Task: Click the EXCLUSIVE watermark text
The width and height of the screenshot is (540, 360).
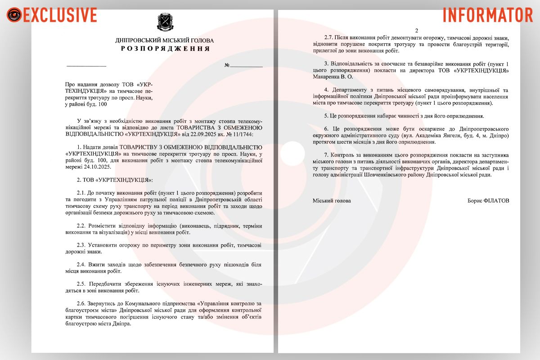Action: (x=59, y=15)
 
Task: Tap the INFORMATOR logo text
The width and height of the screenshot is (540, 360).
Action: (x=487, y=15)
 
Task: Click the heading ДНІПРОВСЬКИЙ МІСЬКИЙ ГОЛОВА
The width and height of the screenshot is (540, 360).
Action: (x=165, y=40)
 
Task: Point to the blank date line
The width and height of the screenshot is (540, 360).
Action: (x=86, y=66)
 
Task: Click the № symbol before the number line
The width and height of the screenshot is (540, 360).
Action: (x=227, y=66)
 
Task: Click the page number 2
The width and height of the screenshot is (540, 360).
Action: (x=416, y=31)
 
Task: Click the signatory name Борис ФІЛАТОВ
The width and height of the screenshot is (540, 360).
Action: (x=488, y=201)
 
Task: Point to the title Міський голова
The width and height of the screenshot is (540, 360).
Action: (x=332, y=201)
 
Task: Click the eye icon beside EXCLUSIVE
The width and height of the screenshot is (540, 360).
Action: (x=14, y=15)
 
